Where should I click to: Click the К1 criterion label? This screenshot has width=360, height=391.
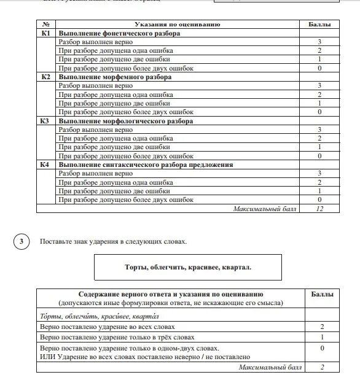pos(45,33)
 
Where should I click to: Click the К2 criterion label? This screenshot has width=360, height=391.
pos(45,77)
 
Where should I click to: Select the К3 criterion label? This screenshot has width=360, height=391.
pos(45,122)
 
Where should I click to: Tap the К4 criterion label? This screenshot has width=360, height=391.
pos(45,165)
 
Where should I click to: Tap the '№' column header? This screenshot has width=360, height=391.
pos(45,25)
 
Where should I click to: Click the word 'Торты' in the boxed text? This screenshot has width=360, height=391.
pos(129,268)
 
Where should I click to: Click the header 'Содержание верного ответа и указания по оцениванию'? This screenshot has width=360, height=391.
pos(171,295)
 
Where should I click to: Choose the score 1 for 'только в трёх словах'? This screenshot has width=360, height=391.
pos(321,338)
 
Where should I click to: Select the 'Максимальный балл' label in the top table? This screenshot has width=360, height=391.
pos(264,209)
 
